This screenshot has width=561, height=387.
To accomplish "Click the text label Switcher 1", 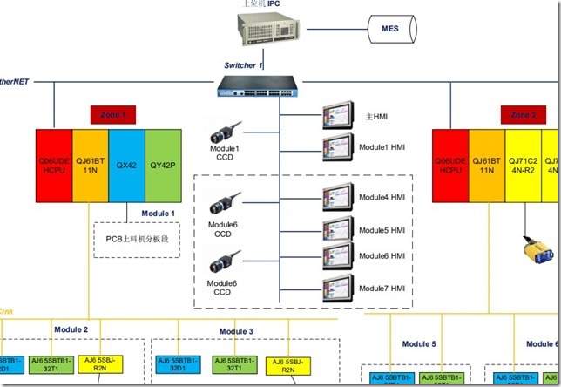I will tap(243, 66).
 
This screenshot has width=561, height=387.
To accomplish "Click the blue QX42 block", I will tap(127, 165).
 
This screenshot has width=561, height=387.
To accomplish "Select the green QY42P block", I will tap(163, 165).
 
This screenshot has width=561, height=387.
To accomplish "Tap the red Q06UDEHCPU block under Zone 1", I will tap(54, 165).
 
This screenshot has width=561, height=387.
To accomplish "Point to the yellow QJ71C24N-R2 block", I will tap(524, 165).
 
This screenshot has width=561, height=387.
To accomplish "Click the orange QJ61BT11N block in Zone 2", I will tap(487, 165).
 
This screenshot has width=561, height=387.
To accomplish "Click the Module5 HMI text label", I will tap(383, 230).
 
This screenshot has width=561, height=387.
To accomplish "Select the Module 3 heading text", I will tap(236, 331).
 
